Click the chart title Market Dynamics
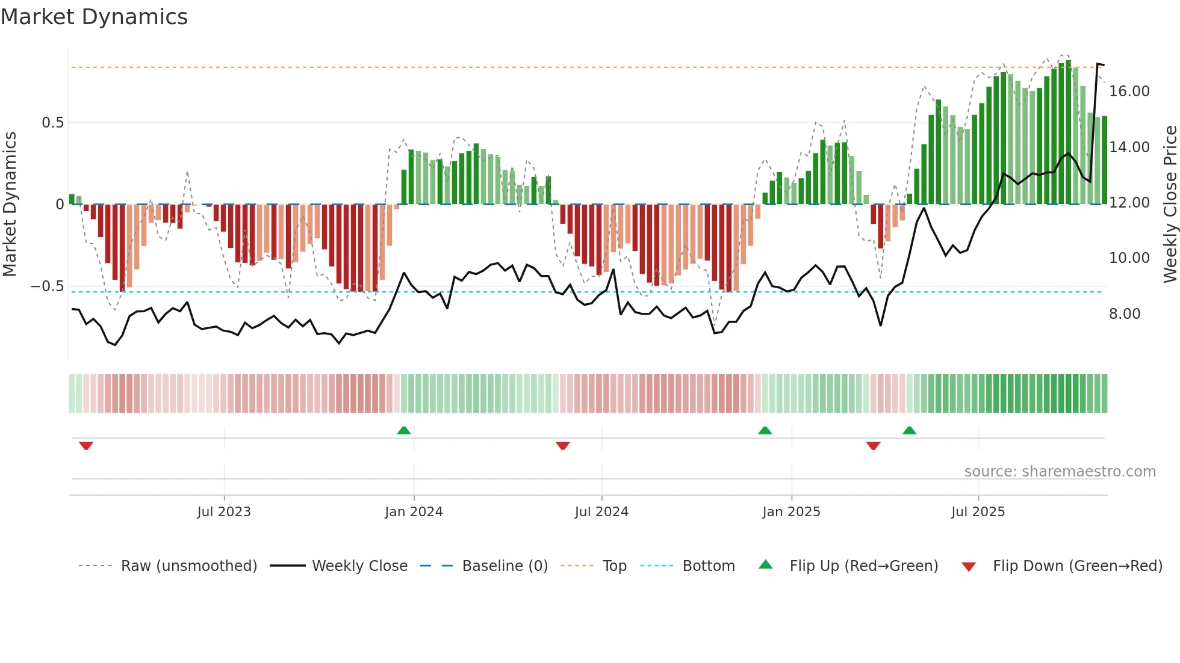[95, 17]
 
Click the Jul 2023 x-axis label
[224, 511]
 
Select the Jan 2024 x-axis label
[414, 511]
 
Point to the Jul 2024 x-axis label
[601, 511]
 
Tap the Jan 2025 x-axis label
[791, 511]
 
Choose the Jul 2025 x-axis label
[978, 511]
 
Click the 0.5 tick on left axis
[52, 123]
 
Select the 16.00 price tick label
[1129, 91]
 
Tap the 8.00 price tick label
[1125, 314]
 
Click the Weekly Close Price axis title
[1170, 205]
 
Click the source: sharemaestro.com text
[1060, 472]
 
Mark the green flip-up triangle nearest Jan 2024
[404, 430]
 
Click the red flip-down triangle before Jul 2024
[563, 446]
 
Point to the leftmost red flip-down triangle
[86, 446]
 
